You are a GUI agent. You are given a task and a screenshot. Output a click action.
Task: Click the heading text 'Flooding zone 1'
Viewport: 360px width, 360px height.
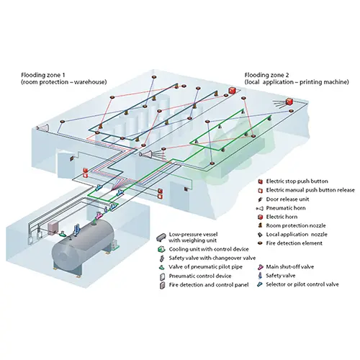(x=43, y=75)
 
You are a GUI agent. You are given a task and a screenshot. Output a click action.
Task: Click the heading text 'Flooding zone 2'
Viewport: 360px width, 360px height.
(x=266, y=75)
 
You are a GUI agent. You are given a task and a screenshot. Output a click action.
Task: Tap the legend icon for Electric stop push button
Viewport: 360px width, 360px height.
(x=260, y=181)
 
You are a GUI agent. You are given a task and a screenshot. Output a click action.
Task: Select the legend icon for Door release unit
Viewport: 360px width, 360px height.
(x=260, y=199)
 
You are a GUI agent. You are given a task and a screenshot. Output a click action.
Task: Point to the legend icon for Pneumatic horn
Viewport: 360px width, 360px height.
(x=260, y=208)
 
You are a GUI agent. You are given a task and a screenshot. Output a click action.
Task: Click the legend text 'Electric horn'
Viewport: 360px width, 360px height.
(x=282, y=217)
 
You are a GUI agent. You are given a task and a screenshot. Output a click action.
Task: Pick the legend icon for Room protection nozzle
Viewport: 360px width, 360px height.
(x=260, y=225)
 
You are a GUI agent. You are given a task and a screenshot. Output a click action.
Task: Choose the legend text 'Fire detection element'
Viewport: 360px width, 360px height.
(x=294, y=243)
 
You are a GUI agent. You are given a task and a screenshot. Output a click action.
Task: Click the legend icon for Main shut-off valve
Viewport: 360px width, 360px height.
(x=260, y=267)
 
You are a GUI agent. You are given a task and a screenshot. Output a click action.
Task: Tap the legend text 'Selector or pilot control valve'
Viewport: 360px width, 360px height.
(x=302, y=284)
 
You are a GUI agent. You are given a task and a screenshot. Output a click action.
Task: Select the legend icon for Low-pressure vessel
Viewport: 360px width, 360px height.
(x=161, y=238)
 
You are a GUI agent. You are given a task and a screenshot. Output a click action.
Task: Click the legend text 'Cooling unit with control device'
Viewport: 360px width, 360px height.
(x=209, y=249)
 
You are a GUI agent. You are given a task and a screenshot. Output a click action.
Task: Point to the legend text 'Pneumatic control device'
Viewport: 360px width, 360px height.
(x=200, y=276)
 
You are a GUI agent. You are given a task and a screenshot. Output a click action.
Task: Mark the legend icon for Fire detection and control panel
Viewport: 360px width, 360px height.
(x=163, y=285)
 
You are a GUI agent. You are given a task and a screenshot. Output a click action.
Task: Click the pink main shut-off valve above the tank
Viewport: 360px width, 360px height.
(x=99, y=215)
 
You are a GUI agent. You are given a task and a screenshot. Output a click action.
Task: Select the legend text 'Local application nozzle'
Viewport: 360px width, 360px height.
(x=297, y=235)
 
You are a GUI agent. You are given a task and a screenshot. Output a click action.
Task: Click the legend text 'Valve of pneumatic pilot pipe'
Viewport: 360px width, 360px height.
(x=205, y=267)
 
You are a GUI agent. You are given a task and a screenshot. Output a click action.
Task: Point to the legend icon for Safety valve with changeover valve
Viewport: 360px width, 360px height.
(x=163, y=258)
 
